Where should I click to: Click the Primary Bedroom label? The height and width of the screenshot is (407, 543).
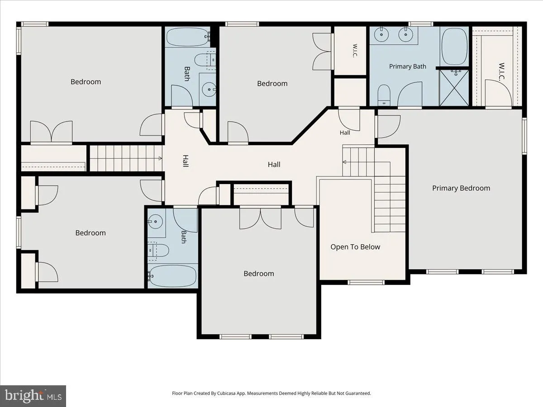coord(461,188)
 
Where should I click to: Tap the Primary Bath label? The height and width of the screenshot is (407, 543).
coord(407,66)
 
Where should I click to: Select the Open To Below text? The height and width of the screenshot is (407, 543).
coord(355,247)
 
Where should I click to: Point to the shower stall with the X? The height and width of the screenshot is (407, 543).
coord(454,88)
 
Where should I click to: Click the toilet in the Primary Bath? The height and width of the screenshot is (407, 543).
coord(384,95)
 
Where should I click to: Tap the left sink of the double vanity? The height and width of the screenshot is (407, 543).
coord(381,35)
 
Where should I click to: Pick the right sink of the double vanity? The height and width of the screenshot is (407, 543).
coord(406,35)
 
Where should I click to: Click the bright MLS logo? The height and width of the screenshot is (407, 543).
coord(33,396)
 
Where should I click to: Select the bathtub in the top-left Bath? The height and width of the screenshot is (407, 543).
coord(188,37)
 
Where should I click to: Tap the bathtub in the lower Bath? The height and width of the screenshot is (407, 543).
coord(173,276)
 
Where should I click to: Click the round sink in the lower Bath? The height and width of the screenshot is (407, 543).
coord(155,222)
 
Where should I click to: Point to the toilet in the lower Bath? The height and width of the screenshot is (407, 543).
coord(158,251)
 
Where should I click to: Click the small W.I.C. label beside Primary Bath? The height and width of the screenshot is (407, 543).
coord(355,51)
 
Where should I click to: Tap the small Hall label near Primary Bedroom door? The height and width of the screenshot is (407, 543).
coord(345,133)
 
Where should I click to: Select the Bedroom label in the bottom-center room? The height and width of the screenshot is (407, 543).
coord(259,274)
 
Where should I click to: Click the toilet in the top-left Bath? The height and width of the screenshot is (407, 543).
coord(205,60)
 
